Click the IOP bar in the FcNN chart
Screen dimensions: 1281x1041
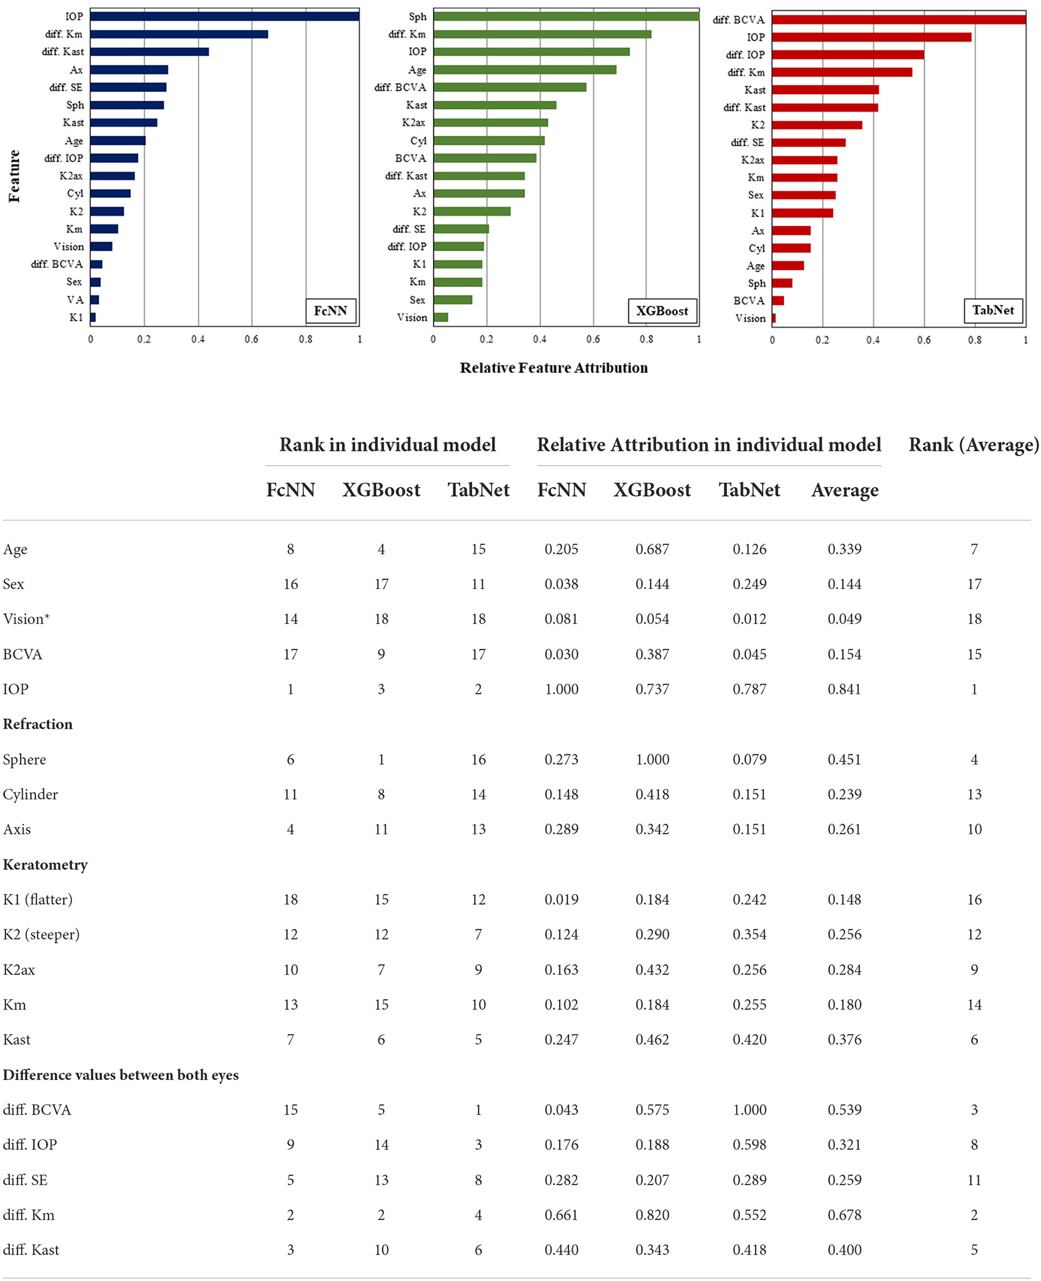[x=225, y=16]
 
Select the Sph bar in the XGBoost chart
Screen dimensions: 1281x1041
[x=566, y=16]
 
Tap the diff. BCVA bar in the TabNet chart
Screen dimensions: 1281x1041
[x=898, y=19]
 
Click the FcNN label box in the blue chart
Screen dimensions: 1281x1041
[x=330, y=311]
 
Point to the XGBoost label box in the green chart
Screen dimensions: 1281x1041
[x=662, y=311]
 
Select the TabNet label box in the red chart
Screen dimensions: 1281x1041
[x=993, y=310]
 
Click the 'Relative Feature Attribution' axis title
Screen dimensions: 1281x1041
[x=553, y=368]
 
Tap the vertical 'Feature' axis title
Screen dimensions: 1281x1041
[x=14, y=176]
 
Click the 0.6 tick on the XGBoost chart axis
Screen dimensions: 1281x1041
[x=593, y=340]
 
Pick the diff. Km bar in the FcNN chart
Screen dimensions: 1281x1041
[x=179, y=34]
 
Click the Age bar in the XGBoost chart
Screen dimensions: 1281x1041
[x=525, y=69]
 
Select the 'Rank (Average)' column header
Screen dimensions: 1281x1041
[x=973, y=444]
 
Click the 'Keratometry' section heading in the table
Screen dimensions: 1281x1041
[x=45, y=865]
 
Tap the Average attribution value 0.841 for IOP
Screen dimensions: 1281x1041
[x=844, y=690]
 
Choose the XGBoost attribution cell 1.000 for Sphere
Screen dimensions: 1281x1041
[x=653, y=760]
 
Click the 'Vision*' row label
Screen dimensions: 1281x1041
[x=26, y=619]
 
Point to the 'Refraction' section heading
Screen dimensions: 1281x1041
[x=38, y=724]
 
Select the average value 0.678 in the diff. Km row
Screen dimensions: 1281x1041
[x=844, y=1215]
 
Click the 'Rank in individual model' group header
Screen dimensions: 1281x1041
[x=387, y=444]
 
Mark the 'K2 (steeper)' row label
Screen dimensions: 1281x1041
[x=41, y=935]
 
